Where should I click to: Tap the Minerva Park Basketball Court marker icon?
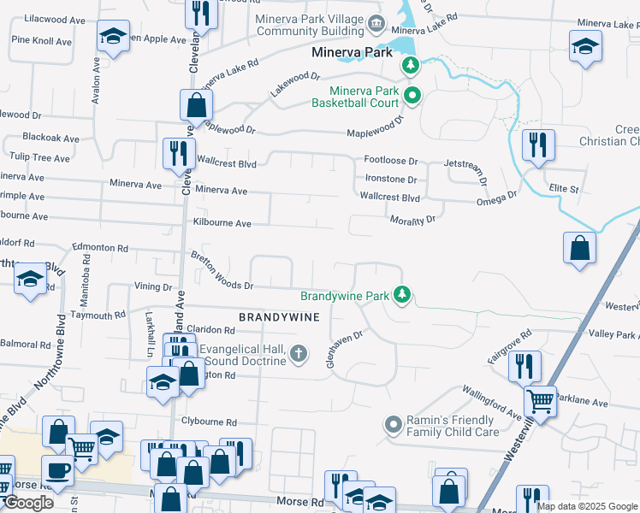[412, 95]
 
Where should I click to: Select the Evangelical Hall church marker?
[298, 353]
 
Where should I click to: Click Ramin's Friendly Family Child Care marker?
[394, 424]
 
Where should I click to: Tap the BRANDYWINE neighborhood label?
[279, 317]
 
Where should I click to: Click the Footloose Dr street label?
[390, 161]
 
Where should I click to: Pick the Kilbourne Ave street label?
[222, 223]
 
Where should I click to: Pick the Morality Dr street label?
[413, 220]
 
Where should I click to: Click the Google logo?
[28, 503]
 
